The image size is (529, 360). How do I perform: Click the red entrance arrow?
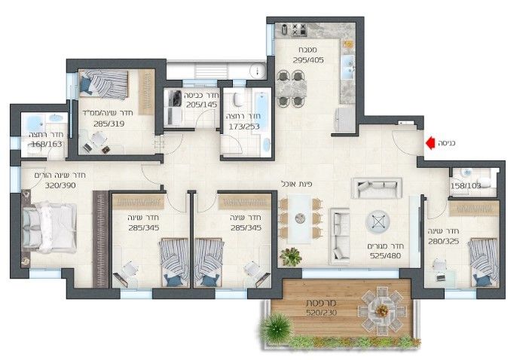pos(430,143)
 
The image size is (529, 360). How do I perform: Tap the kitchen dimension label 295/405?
pos(308,60)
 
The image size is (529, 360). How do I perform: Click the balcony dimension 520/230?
pos(321,313)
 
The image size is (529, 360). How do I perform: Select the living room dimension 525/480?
pos(385,256)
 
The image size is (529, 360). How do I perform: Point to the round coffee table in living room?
pos(378,222)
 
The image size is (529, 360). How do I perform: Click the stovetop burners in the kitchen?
pos(299,29)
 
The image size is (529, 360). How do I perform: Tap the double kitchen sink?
pos(348,67)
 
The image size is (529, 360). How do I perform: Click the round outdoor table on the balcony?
pos(382,310)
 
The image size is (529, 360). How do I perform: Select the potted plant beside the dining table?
pos(291,257)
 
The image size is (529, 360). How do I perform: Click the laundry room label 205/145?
pos(201,105)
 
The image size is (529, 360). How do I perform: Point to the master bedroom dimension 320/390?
pos(60,185)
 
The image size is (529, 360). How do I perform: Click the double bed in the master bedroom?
pos(49,227)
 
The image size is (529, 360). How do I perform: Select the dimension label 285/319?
pos(109,124)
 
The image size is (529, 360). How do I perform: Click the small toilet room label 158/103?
pos(465,186)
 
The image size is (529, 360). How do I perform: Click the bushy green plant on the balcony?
pos(277,328)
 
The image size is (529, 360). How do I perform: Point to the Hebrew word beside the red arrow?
pos(447,143)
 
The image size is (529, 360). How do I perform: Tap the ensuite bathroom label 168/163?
pos(47,145)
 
